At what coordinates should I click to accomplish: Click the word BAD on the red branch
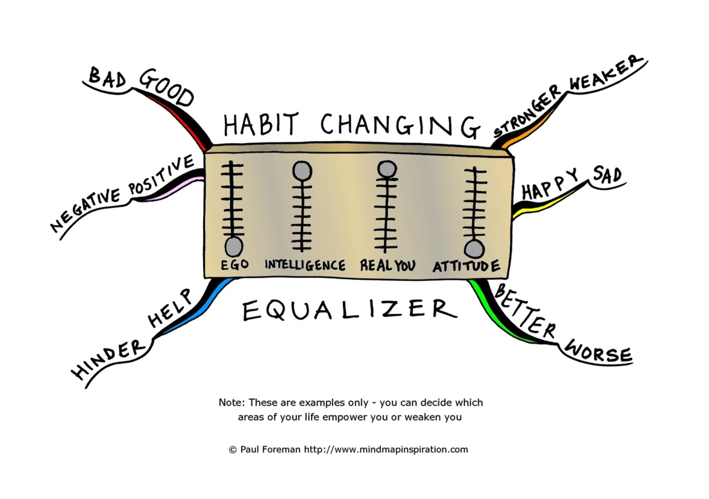tap(106, 78)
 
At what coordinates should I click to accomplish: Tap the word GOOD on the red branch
tap(166, 88)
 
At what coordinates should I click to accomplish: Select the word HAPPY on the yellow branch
tap(550, 186)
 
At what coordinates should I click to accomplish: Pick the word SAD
tap(607, 175)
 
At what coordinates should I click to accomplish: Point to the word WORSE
tap(598, 352)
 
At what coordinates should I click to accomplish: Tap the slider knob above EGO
tap(233, 246)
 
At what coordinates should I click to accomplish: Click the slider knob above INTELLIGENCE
tap(302, 171)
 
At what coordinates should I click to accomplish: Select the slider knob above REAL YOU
tap(386, 169)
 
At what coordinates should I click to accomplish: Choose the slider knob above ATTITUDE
tap(474, 249)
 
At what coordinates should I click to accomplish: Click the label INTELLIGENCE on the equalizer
tap(305, 265)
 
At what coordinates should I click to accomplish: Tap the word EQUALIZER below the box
tap(349, 310)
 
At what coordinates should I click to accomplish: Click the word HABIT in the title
tap(262, 123)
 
